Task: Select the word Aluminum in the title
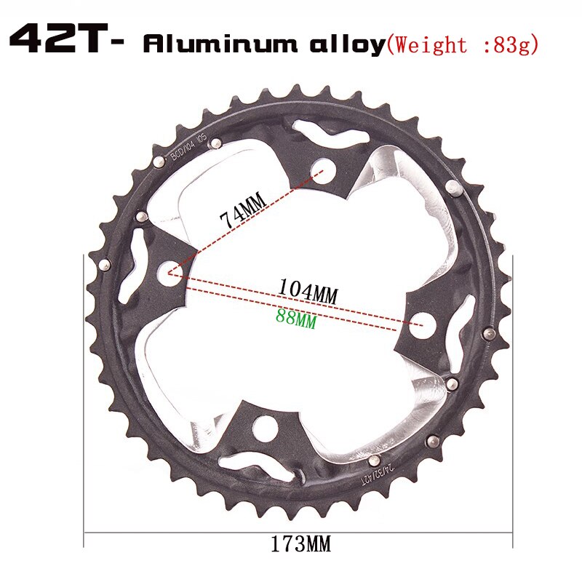pyautogui.click(x=219, y=44)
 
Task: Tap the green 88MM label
pyautogui.click(x=296, y=318)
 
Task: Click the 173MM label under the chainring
pyautogui.click(x=298, y=542)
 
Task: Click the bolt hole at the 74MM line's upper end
pyautogui.click(x=317, y=172)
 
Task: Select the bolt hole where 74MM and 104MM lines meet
pyautogui.click(x=169, y=274)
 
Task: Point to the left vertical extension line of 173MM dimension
pyautogui.click(x=84, y=400)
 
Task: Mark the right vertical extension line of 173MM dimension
pyautogui.click(x=513, y=400)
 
